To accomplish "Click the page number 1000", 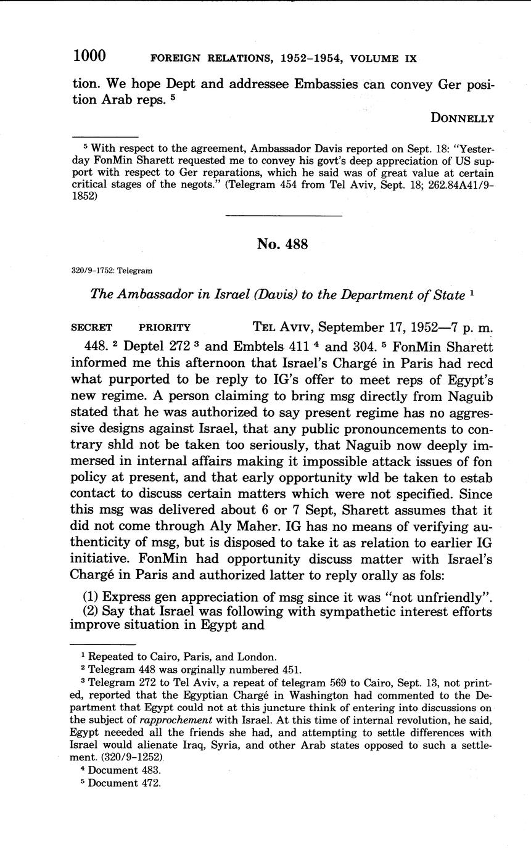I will pyautogui.click(x=89, y=56).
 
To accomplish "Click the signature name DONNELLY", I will pyautogui.click(x=463, y=118).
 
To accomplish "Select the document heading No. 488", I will pyautogui.click(x=282, y=244).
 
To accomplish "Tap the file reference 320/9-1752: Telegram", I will pyautogui.click(x=112, y=271).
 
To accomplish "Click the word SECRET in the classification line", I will pyautogui.click(x=91, y=328).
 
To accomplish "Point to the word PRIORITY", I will pyautogui.click(x=165, y=328).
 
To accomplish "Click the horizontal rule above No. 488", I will pyautogui.click(x=284, y=215).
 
